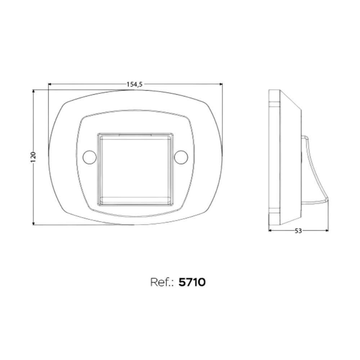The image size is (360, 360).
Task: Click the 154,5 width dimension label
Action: [x=135, y=84]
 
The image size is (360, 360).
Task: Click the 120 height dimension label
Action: [x=33, y=157]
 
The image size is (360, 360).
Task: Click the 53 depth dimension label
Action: [x=298, y=231]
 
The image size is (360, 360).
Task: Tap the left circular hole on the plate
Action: [x=89, y=157]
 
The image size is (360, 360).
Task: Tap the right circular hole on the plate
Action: [x=181, y=157]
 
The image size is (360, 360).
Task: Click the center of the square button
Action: [x=135, y=170]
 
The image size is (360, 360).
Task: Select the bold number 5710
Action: [x=192, y=282]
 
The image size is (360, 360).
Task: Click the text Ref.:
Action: [x=163, y=282]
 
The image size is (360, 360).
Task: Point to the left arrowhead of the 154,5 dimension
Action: [x=50, y=84]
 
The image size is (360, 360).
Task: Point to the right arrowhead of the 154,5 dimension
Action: [x=221, y=84]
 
